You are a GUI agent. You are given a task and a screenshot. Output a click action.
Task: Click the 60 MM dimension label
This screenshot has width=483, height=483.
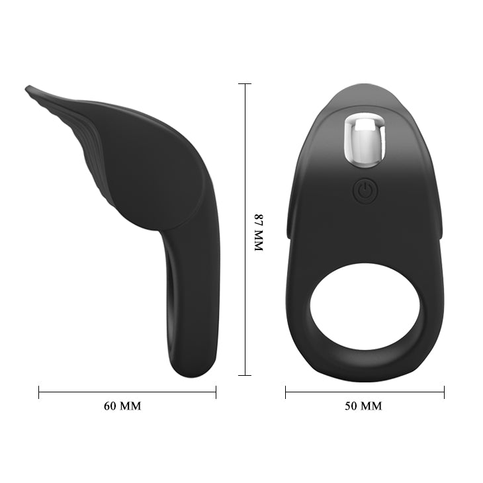tap(122, 406)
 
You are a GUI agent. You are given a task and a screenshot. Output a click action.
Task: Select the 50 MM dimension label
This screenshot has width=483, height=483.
tap(363, 406)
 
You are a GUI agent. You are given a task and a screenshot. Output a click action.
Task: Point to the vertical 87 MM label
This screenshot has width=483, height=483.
tap(259, 232)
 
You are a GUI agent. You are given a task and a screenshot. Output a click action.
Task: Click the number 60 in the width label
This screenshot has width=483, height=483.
tap(110, 406)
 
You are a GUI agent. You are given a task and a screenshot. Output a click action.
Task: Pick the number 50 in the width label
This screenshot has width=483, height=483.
tap(351, 406)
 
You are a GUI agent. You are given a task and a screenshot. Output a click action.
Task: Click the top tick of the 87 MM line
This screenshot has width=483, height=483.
tap(244, 84)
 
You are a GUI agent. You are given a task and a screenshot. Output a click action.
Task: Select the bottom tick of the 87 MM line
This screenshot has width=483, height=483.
tap(244, 375)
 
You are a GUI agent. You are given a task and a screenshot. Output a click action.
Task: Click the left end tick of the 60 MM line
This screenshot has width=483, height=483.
tap(39, 392)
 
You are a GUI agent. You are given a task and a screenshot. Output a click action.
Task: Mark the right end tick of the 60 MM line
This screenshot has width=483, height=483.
tap(216, 392)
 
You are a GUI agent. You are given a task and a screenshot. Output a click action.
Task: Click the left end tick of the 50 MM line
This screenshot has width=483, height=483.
tap(286, 392)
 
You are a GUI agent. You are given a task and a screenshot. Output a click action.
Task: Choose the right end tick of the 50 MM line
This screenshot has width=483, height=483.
tap(443, 392)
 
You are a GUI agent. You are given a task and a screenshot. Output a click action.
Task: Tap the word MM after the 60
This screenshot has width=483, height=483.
tap(130, 406)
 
